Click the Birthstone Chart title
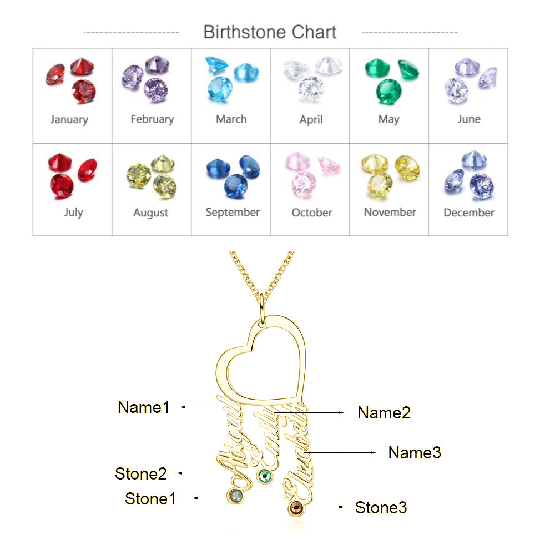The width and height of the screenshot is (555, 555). coord(270,32)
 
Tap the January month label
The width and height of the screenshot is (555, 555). coord(69,120)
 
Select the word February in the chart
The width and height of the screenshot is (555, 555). coord(152,119)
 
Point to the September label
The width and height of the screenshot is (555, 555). coord(233,213)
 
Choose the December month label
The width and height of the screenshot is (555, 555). coord(468,213)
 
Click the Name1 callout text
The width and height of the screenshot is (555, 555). coord(144,407)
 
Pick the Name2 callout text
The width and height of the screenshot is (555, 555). coord(384,413)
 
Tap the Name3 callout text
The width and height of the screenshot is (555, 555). coord(415,453)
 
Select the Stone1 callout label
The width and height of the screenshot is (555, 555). coord(150,499)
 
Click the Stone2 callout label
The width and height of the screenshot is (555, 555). coord(141,473)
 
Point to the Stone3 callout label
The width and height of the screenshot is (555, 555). coord(381,508)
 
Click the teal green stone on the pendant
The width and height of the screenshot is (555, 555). coord(264,476)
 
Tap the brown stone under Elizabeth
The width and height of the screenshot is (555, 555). coord(296,508)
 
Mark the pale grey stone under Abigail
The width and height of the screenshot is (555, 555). coord(235,496)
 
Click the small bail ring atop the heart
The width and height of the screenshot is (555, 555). coord(262,310)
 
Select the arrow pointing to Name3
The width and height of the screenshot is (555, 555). coord(340,453)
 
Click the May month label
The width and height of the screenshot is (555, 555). coord(389,120)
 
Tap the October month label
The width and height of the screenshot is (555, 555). coord(312,213)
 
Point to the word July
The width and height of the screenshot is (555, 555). coord(74,213)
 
